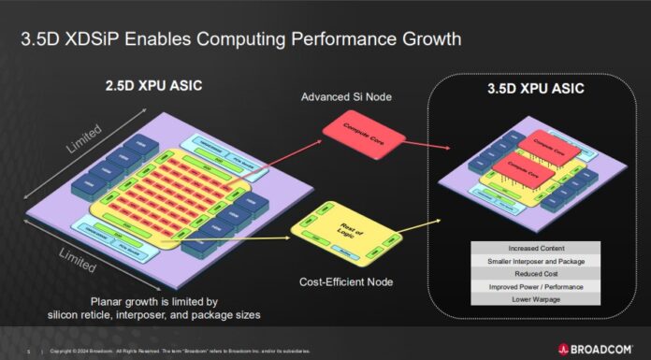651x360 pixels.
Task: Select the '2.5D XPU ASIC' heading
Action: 152,87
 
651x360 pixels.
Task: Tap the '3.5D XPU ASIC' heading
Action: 536,90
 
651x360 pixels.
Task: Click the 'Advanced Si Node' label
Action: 351,98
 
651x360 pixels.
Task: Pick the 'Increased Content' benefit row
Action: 537,248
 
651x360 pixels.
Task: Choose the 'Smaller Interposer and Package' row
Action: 537,261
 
